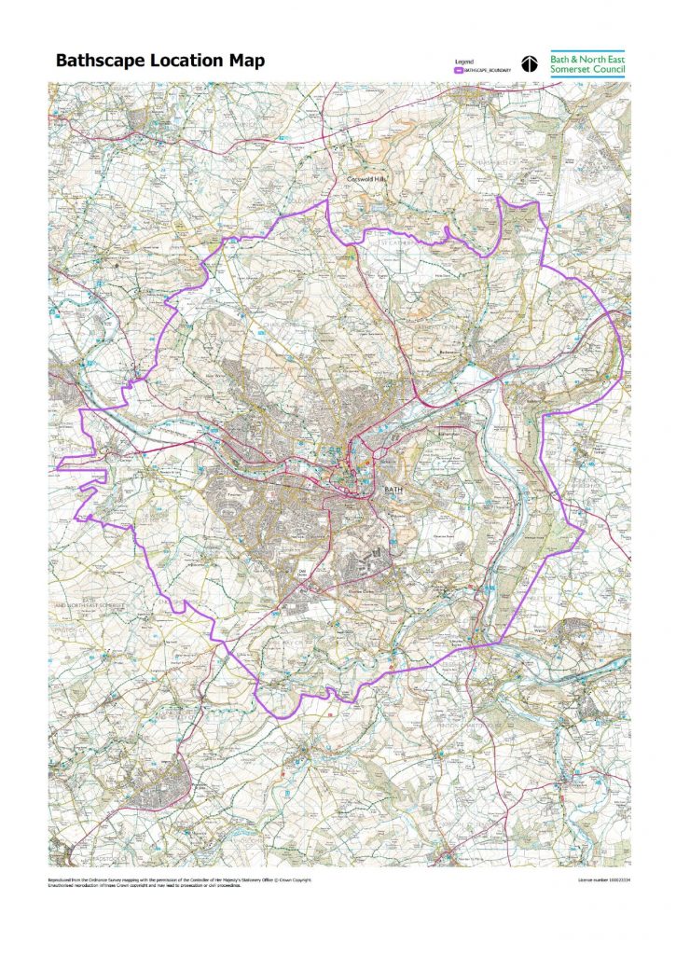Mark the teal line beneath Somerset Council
pos(587,77)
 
